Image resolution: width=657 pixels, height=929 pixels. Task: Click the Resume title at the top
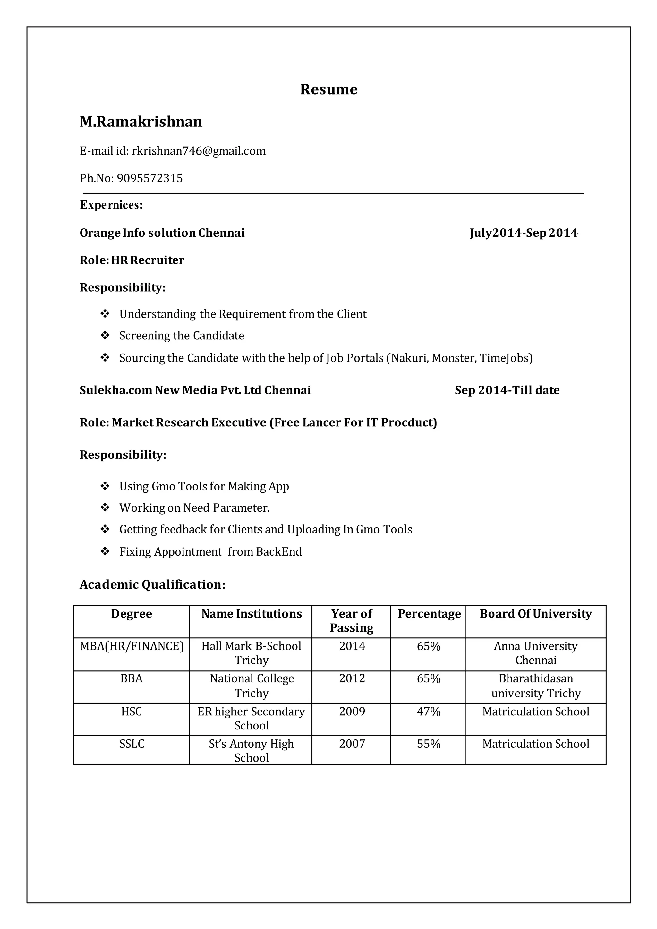pyautogui.click(x=328, y=89)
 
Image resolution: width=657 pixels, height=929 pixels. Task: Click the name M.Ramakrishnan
pyautogui.click(x=141, y=122)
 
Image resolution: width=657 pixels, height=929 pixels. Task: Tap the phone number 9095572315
pyautogui.click(x=150, y=178)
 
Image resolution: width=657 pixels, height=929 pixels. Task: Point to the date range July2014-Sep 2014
pyautogui.click(x=524, y=233)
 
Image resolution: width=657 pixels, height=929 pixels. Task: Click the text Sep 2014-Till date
pyautogui.click(x=507, y=390)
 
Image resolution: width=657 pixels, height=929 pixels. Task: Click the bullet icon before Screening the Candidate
pyautogui.click(x=105, y=336)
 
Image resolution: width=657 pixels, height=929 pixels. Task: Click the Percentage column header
pyautogui.click(x=429, y=614)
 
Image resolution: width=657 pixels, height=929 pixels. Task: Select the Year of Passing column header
pyautogui.click(x=352, y=621)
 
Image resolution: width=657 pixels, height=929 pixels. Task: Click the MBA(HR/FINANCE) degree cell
pyautogui.click(x=132, y=646)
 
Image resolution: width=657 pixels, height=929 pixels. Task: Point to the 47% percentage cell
pyautogui.click(x=428, y=711)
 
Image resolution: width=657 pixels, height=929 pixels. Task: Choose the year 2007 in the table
pyautogui.click(x=352, y=744)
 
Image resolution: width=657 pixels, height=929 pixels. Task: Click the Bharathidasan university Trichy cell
pyautogui.click(x=536, y=686)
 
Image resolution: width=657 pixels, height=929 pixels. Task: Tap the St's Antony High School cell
pyautogui.click(x=251, y=751)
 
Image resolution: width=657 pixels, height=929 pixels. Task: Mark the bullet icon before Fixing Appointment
pyautogui.click(x=105, y=551)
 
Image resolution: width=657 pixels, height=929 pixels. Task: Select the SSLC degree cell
pyautogui.click(x=132, y=744)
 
